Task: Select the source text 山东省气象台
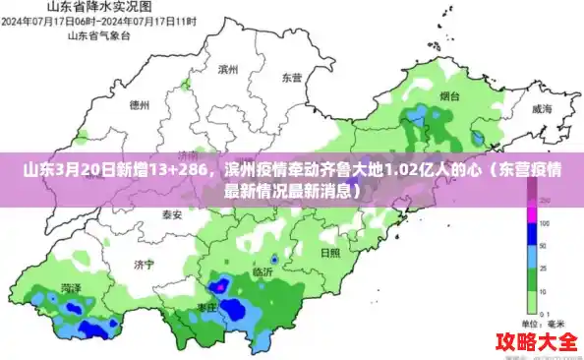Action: pos(98,35)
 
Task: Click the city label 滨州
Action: pos(229,69)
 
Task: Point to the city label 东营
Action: pos(292,77)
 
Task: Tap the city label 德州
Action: pos(140,103)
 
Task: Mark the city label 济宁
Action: pos(145,264)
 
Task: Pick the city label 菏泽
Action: pos(71,288)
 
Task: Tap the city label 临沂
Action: pos(263,271)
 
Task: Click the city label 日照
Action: pos(331,252)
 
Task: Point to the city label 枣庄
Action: pos(206,307)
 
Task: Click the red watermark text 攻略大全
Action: pos(536,342)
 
